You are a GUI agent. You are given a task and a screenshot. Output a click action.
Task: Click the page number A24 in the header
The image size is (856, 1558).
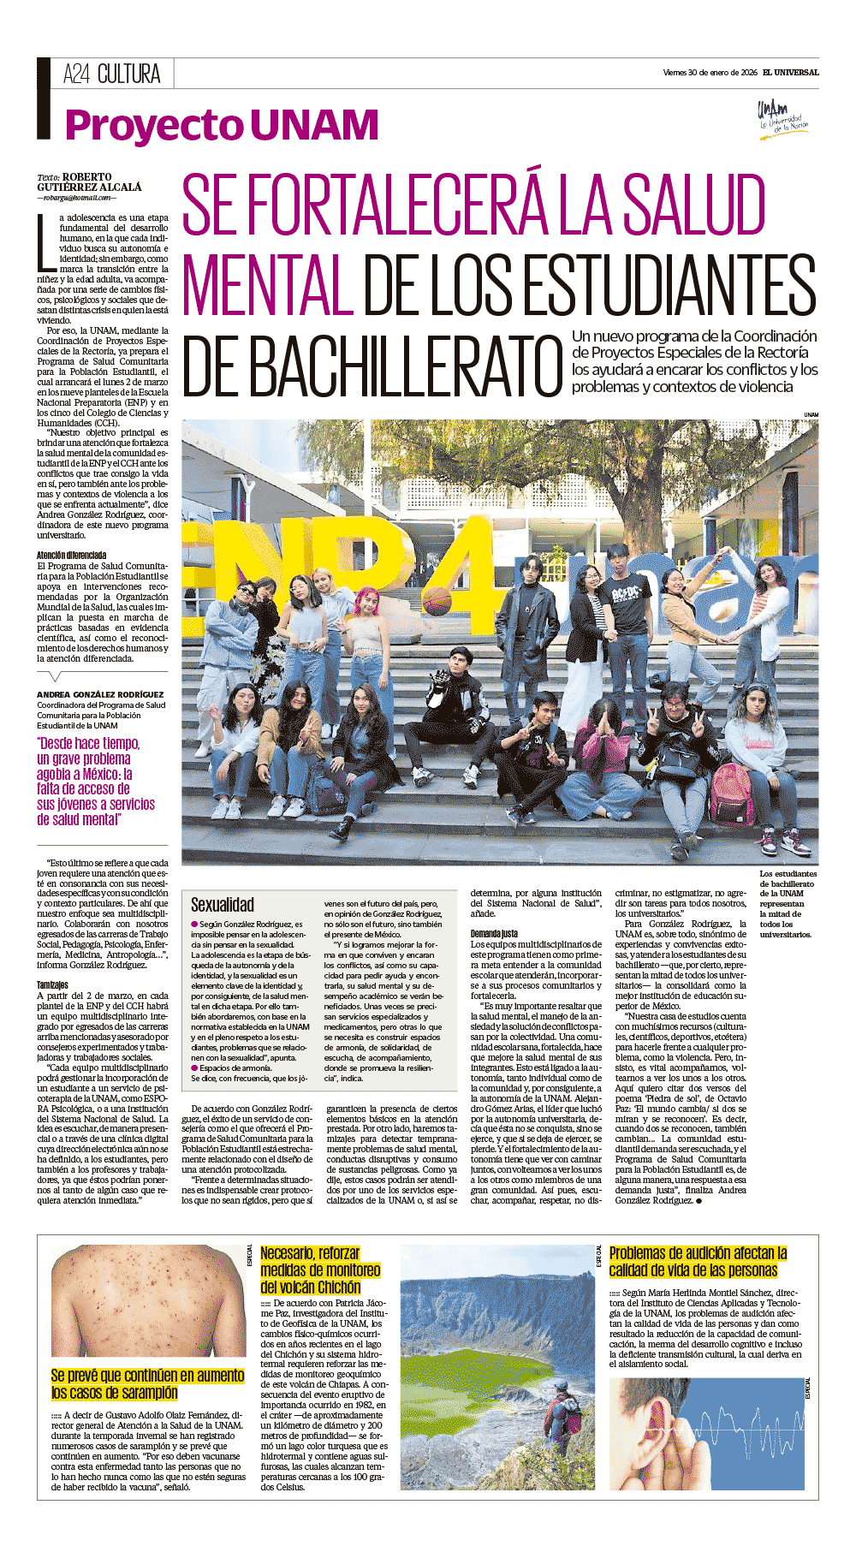tap(76, 74)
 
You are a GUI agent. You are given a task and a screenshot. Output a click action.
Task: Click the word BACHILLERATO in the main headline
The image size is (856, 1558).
tap(373, 366)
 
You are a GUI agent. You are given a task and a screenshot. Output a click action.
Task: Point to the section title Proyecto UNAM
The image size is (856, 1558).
tap(222, 125)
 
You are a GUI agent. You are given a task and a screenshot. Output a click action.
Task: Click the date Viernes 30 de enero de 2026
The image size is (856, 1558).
tap(710, 73)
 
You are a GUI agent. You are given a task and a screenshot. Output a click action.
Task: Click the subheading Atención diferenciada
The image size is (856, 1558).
tap(72, 556)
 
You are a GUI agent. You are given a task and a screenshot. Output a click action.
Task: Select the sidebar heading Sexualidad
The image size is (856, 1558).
tap(223, 905)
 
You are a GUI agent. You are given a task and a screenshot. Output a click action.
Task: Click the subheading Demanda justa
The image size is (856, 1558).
tap(494, 934)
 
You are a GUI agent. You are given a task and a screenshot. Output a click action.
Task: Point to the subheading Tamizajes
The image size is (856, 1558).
tap(53, 985)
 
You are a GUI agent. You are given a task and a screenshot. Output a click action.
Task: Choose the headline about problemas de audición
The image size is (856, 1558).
tap(698, 1262)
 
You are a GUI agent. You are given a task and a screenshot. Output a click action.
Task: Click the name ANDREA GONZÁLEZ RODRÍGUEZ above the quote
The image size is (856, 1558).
tap(100, 694)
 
